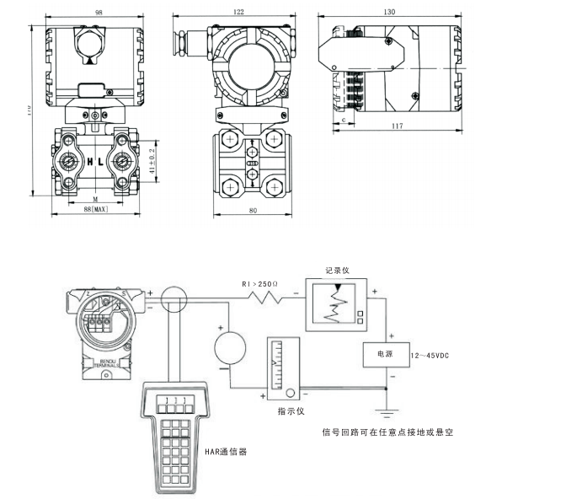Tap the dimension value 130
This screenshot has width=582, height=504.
pos(390,13)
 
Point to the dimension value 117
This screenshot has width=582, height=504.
pos(398,126)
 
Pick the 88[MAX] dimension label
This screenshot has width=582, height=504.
pos(94,209)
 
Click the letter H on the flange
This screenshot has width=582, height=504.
pos(88,160)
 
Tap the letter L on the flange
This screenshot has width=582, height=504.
pos(101,160)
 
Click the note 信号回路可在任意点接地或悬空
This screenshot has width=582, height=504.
pos(389,432)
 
